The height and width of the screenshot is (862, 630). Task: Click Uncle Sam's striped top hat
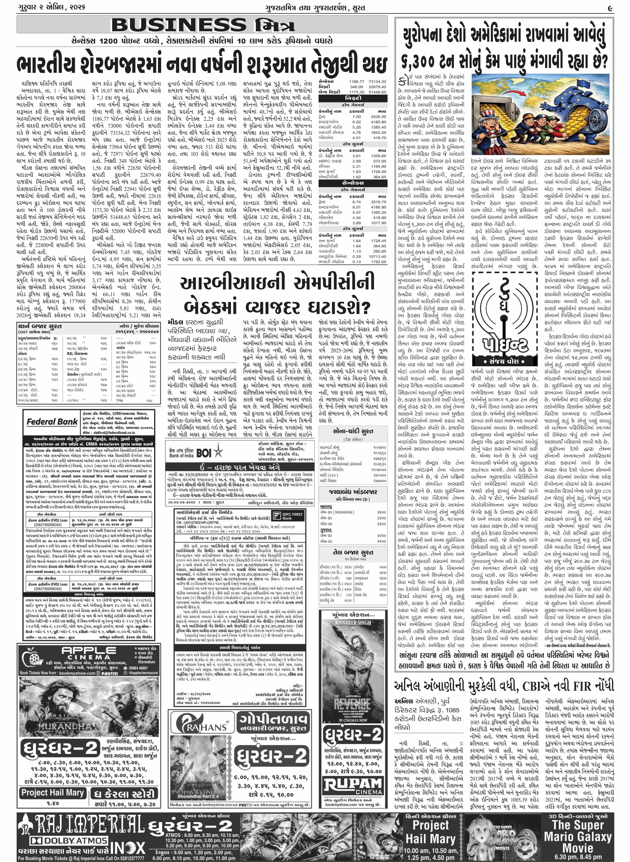point(490,102)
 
